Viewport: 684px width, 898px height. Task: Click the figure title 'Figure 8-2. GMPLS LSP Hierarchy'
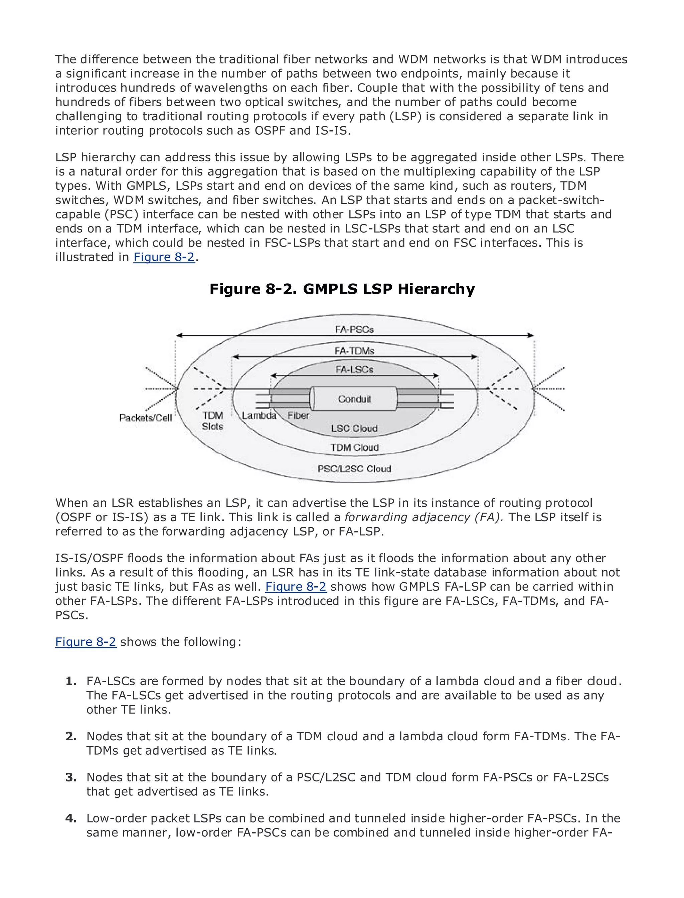(x=342, y=289)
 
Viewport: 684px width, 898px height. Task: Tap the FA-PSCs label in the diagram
(x=354, y=329)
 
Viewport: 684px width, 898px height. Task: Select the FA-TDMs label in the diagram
(x=354, y=351)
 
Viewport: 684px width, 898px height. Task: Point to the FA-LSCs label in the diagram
(x=354, y=370)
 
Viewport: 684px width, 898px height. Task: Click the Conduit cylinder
(x=353, y=399)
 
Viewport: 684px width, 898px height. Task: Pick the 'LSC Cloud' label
(x=354, y=428)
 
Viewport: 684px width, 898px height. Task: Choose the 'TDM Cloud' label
(x=354, y=447)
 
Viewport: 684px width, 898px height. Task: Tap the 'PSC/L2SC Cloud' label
(x=354, y=469)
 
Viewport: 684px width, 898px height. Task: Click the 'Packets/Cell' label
(x=145, y=418)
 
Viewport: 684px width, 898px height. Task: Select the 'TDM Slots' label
(x=212, y=421)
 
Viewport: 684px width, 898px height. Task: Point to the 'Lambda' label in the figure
(x=259, y=415)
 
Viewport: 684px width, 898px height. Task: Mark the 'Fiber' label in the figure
(x=299, y=415)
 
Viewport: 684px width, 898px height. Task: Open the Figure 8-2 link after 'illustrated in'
(x=164, y=257)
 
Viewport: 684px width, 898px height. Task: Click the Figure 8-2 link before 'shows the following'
(x=86, y=642)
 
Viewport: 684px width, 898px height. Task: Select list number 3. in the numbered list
(x=71, y=777)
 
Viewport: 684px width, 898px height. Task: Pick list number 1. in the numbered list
(x=71, y=681)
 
